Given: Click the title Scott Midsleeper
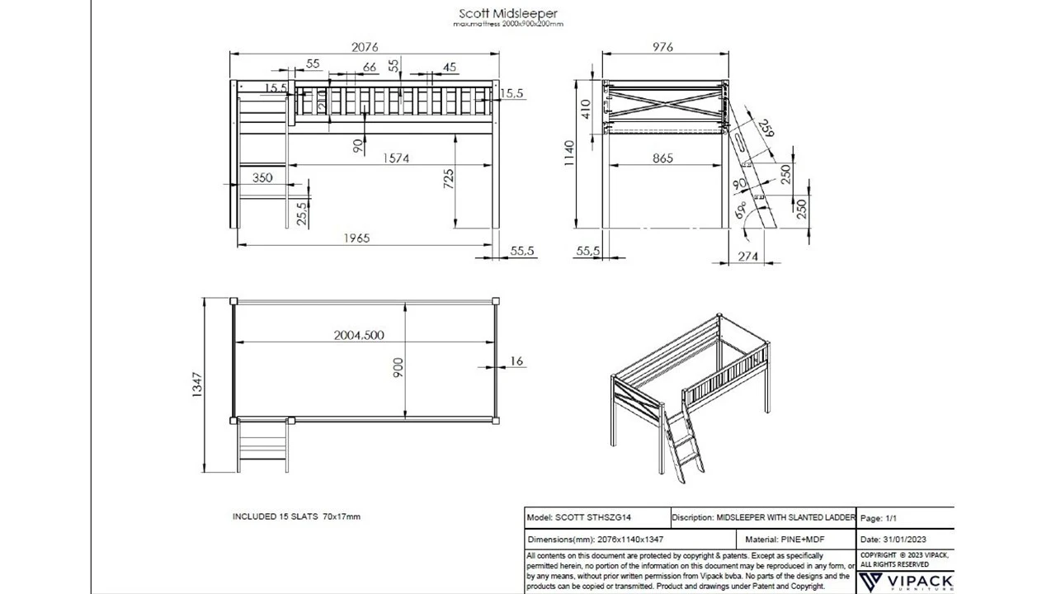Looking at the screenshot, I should click(507, 13).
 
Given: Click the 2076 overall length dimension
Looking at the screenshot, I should click(365, 47).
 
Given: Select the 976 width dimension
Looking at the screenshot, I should click(662, 47).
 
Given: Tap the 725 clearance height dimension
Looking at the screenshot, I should click(448, 179).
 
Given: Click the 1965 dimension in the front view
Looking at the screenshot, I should click(357, 238).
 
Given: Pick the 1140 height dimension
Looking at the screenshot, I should click(569, 153).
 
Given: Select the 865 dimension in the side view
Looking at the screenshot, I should click(662, 158).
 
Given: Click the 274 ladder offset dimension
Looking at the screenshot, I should click(747, 257).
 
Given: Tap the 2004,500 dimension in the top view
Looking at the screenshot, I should click(358, 335).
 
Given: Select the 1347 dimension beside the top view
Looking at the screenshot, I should click(196, 385).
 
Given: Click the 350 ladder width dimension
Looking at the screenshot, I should click(262, 177).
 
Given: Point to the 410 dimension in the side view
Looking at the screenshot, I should click(586, 108).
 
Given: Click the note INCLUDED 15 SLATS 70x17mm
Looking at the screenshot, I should click(296, 516).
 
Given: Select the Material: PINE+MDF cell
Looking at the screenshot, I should click(762, 540).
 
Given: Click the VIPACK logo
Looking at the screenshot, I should click(905, 582).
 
